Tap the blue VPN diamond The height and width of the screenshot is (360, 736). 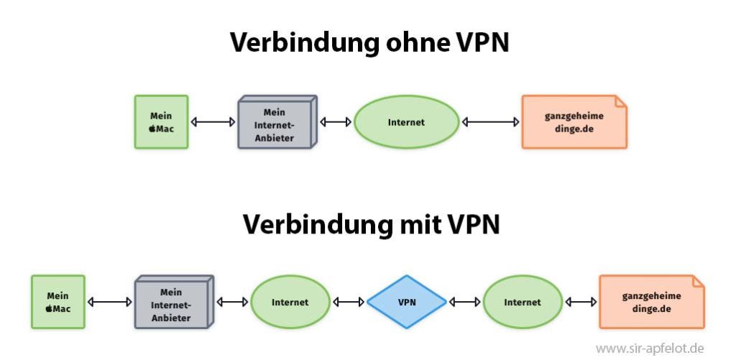pyautogui.click(x=407, y=303)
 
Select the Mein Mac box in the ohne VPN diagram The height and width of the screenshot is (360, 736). pyautogui.click(x=161, y=122)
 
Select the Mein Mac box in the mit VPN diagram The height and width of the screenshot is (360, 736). pyautogui.click(x=57, y=302)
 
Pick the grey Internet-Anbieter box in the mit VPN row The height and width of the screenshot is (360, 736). pyautogui.click(x=173, y=303)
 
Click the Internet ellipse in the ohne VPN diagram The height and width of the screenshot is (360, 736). pyautogui.click(x=406, y=122)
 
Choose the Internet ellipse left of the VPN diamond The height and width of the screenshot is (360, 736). pyautogui.click(x=290, y=303)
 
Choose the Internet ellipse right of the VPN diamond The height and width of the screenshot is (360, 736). pyautogui.click(x=523, y=303)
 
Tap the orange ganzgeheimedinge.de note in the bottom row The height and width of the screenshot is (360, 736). pyautogui.click(x=651, y=302)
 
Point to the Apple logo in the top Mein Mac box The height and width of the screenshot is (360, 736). pyautogui.click(x=152, y=129)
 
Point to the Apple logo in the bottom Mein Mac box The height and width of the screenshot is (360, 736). pyautogui.click(x=49, y=309)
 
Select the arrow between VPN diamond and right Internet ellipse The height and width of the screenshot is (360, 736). pyautogui.click(x=464, y=303)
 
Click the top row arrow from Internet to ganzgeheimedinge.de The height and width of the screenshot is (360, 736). pyautogui.click(x=491, y=122)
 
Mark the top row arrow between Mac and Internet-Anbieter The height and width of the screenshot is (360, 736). pyautogui.click(x=213, y=122)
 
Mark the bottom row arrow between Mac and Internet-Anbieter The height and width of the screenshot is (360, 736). pyautogui.click(x=110, y=303)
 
